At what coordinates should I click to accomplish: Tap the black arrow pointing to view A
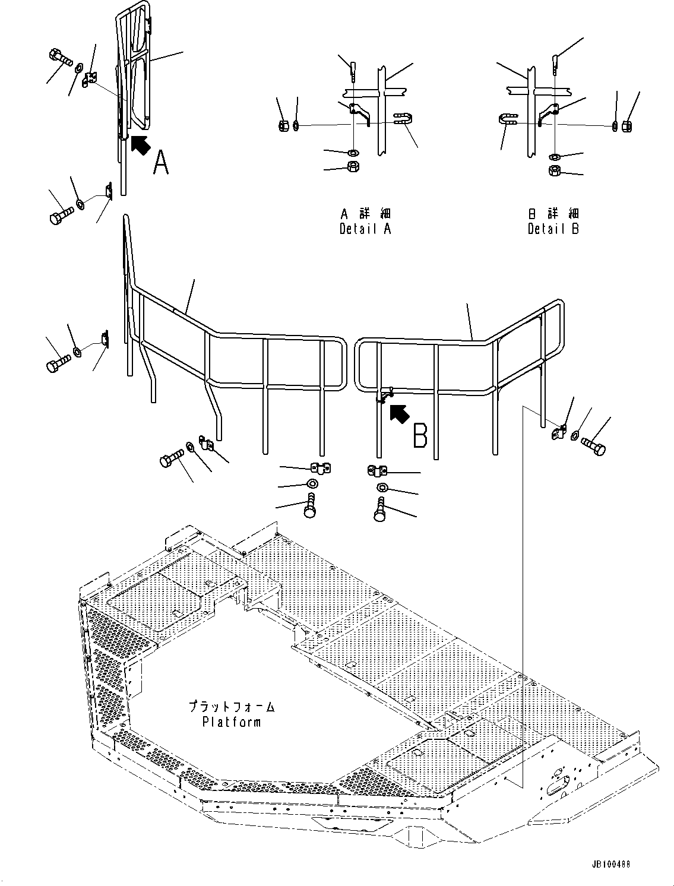pos(139,145)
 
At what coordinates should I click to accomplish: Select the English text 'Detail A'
pos(365,229)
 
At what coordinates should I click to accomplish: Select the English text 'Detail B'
pos(553,229)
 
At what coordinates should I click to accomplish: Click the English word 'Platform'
pos(231,722)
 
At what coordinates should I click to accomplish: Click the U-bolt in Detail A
pos(402,120)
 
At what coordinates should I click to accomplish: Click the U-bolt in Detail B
pos(507,120)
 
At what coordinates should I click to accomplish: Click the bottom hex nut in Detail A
pos(352,166)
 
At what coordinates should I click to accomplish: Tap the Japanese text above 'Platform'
pos(231,707)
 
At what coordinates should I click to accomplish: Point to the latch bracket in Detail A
pos(359,112)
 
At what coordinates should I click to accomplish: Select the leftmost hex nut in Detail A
pos(283,125)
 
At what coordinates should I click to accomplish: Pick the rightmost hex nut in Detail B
pos(625,125)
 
